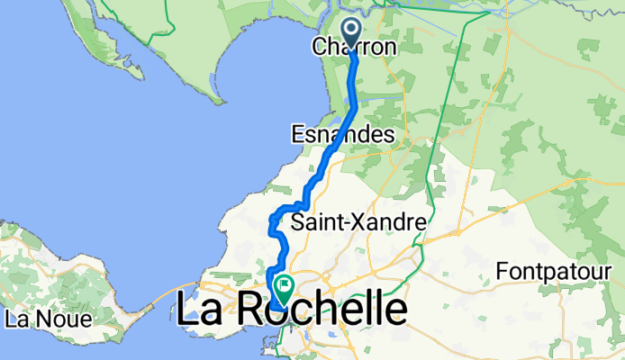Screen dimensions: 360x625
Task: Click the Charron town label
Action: (355, 48)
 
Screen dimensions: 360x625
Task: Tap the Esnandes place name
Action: (343, 135)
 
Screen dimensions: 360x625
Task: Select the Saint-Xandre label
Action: (357, 221)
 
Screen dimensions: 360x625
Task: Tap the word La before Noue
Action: (18, 319)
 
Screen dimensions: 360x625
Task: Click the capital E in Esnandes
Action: (298, 135)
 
